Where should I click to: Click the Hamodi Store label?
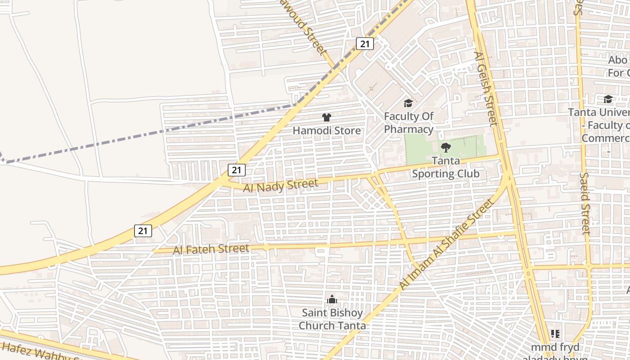[x=327, y=130]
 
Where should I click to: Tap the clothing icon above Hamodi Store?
[x=327, y=117]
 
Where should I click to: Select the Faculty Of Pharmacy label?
[x=409, y=123]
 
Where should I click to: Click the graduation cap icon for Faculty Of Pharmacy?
[x=408, y=103]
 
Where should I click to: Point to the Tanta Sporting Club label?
[x=445, y=167]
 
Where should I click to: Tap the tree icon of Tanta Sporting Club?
[x=445, y=147]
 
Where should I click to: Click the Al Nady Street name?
[x=280, y=185]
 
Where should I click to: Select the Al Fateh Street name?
[x=211, y=249]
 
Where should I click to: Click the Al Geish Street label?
[x=486, y=89]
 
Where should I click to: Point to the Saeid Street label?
[x=585, y=203]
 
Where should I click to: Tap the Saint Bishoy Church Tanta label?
[x=332, y=319]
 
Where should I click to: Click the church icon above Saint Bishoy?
[x=332, y=300]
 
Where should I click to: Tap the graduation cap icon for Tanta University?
[x=608, y=99]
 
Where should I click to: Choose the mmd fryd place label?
[x=555, y=348]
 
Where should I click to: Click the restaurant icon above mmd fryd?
[x=555, y=334]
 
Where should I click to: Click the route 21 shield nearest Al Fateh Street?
[x=143, y=231]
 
